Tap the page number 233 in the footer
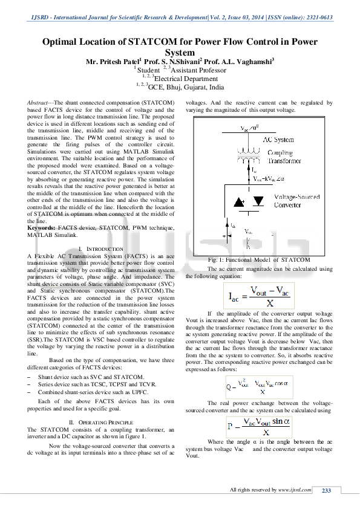[x=327, y=490]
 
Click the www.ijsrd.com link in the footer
[x=295, y=490]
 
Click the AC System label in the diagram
[x=278, y=140]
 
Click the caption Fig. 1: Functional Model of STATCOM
[x=259, y=261]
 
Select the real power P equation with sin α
[x=258, y=426]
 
